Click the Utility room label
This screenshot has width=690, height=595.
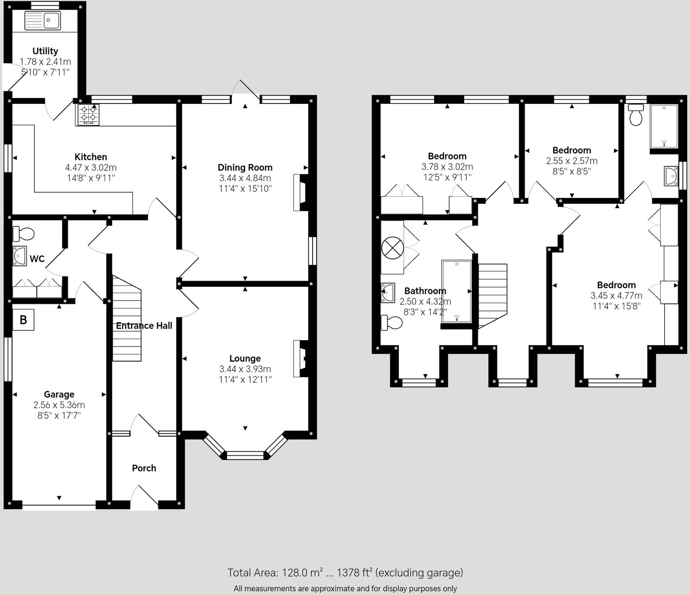[x=45, y=51]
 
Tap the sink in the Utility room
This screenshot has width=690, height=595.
[x=43, y=20]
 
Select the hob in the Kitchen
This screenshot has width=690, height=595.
[x=88, y=115]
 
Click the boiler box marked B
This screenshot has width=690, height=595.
[x=23, y=319]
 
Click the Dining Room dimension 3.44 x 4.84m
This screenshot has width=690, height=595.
[x=245, y=178]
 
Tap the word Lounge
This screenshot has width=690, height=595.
[x=245, y=358]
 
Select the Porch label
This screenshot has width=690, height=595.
[x=144, y=468]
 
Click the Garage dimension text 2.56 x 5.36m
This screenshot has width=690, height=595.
[x=59, y=405]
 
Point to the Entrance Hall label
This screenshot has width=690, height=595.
[x=144, y=326]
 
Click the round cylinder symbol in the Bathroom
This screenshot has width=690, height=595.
[x=392, y=248]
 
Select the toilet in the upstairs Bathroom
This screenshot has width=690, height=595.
[x=391, y=322]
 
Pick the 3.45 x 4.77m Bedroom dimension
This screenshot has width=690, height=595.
[x=616, y=296]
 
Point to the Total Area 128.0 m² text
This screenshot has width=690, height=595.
[x=345, y=573]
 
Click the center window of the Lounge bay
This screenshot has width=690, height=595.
[x=245, y=456]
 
